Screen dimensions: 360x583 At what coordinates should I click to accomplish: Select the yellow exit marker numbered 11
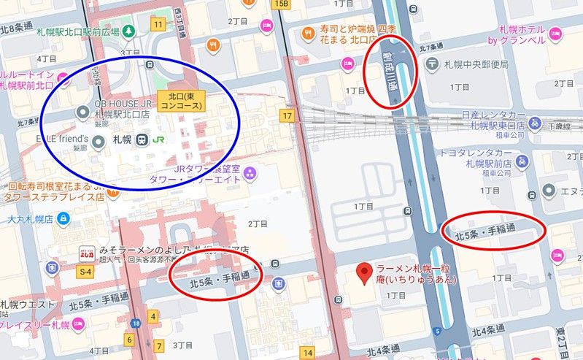pos(158,24)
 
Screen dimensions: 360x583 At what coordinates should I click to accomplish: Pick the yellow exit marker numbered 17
pos(289,115)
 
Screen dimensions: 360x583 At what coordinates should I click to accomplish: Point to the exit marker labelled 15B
pos(281,4)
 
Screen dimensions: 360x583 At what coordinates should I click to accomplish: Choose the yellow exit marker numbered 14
pos(308,353)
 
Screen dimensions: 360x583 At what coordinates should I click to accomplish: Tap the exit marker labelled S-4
pos(85,272)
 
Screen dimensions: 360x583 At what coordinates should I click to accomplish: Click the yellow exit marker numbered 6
pos(128,339)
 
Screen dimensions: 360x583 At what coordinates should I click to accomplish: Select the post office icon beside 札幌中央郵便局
pos(433,64)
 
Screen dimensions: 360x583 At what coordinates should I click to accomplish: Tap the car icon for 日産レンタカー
pos(535,123)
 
